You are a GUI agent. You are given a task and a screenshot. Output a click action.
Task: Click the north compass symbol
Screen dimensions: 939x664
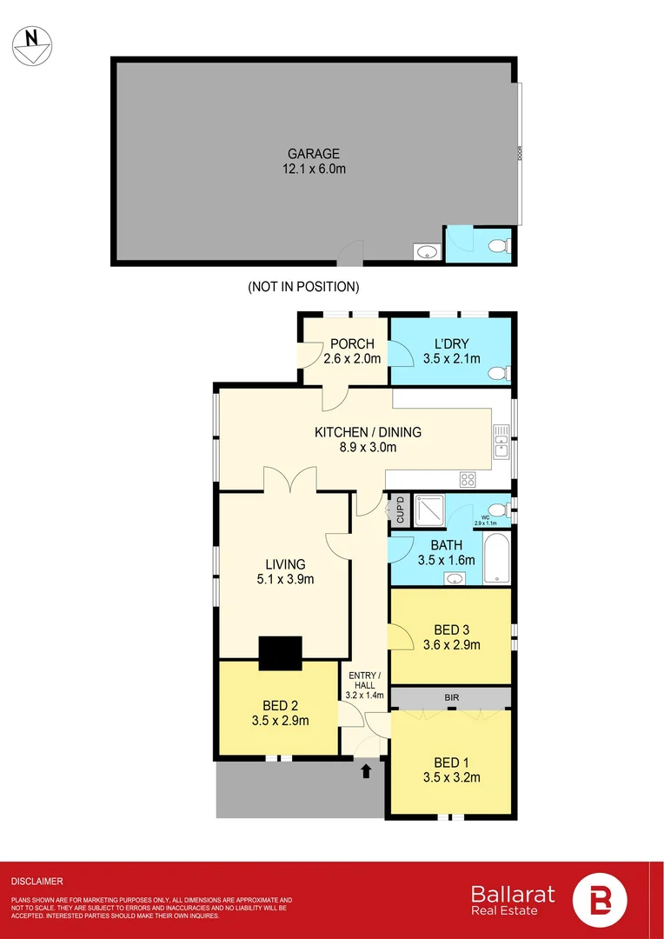tap(32, 43)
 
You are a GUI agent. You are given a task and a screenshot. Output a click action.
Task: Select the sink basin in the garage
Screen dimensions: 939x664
tap(427, 252)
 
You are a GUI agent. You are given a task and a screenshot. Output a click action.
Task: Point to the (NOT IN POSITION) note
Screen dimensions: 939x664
tap(303, 286)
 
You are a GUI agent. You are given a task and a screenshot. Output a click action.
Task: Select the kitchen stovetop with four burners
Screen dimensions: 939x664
tap(467, 478)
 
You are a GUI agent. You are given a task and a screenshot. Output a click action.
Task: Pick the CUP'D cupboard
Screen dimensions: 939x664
tap(399, 509)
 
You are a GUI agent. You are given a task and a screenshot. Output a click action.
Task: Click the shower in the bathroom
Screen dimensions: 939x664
tap(428, 510)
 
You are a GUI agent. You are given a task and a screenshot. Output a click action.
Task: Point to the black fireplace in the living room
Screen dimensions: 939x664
tap(280, 653)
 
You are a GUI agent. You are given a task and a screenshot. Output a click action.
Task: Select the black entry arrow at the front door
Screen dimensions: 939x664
tap(365, 769)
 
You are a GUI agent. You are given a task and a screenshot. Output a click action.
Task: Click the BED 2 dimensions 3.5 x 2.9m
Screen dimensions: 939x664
tap(279, 720)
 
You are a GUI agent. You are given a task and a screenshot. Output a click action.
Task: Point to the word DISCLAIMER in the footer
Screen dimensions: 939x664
tap(37, 881)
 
